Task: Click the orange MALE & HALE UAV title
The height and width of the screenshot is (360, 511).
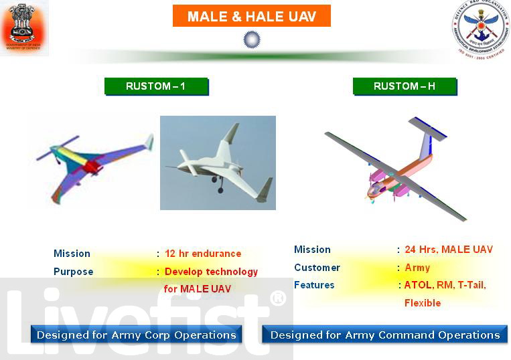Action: click(x=251, y=16)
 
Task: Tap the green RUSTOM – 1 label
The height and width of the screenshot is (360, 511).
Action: click(x=156, y=86)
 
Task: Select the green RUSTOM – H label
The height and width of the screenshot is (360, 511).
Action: click(x=405, y=86)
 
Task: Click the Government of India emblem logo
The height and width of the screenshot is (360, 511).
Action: click(x=23, y=27)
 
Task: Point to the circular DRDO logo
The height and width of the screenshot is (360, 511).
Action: click(x=482, y=28)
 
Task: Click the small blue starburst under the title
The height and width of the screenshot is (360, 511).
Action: click(x=251, y=39)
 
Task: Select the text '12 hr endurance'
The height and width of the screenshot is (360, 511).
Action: click(x=203, y=254)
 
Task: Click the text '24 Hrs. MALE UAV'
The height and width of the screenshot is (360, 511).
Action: click(x=449, y=250)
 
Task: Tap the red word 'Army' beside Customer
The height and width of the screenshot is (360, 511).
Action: click(x=417, y=268)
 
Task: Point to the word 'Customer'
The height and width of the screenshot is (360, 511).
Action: click(x=317, y=268)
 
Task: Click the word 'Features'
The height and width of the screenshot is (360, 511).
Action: click(x=314, y=285)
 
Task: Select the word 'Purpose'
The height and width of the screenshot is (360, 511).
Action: click(x=73, y=272)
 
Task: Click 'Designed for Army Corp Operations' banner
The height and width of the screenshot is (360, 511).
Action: click(x=136, y=335)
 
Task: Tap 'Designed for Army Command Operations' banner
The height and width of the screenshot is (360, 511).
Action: click(x=384, y=335)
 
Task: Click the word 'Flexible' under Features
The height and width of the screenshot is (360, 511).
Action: click(x=423, y=303)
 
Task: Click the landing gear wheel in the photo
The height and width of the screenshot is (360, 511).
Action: click(x=220, y=189)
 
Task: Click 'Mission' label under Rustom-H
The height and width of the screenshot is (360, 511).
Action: click(x=312, y=250)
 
